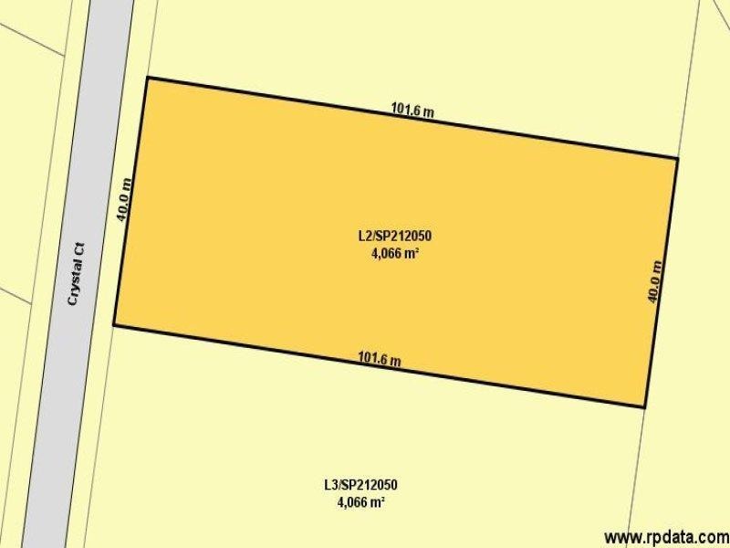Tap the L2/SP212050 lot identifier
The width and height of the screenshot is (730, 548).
tap(394, 236)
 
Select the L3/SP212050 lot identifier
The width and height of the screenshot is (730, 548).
tap(360, 485)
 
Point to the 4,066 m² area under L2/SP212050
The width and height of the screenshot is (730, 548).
tap(394, 254)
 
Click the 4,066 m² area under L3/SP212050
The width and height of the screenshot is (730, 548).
tap(360, 502)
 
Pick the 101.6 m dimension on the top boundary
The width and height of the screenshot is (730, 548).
tap(412, 111)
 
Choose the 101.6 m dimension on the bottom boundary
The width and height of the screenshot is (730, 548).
tap(380, 358)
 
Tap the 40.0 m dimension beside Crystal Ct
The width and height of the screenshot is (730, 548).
tap(126, 199)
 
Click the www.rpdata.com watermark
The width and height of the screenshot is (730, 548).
tap(665, 536)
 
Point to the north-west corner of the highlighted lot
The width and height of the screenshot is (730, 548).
tap(148, 78)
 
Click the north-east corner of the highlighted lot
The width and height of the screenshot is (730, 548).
tap(677, 158)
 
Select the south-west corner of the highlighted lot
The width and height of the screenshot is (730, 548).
tap(114, 324)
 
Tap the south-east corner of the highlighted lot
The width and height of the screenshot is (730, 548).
tap(645, 406)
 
